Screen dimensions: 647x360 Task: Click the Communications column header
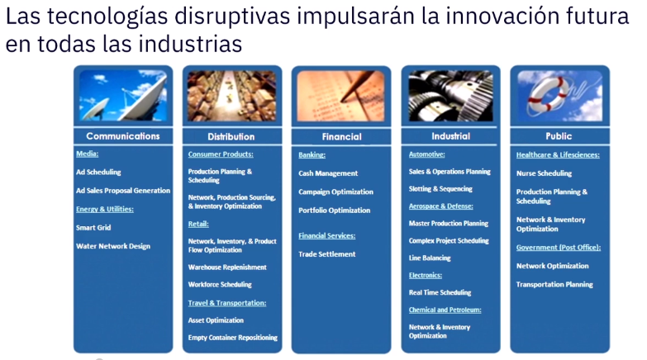pyautogui.click(x=123, y=136)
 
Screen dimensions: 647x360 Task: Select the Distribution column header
pyautogui.click(x=231, y=136)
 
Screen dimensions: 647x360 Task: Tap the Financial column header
pyautogui.click(x=341, y=136)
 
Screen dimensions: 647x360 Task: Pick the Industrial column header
pyautogui.click(x=450, y=136)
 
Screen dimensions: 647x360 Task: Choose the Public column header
pyautogui.click(x=559, y=136)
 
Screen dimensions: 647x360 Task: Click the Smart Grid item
pyautogui.click(x=93, y=228)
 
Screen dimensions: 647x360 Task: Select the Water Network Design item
pyautogui.click(x=113, y=246)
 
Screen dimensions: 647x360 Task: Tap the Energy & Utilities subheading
pyautogui.click(x=105, y=209)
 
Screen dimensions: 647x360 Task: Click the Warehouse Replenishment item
pyautogui.click(x=227, y=268)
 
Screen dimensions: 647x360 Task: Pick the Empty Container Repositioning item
pyautogui.click(x=233, y=338)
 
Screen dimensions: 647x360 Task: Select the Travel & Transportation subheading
pyautogui.click(x=227, y=303)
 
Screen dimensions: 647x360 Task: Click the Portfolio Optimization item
pyautogui.click(x=334, y=211)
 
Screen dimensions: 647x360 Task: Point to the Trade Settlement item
pyautogui.click(x=326, y=254)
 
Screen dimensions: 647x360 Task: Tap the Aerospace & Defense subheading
pyautogui.click(x=440, y=206)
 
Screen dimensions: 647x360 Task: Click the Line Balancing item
pyautogui.click(x=430, y=258)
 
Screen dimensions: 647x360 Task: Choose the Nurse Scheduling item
pyautogui.click(x=544, y=173)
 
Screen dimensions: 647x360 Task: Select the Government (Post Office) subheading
pyautogui.click(x=559, y=248)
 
